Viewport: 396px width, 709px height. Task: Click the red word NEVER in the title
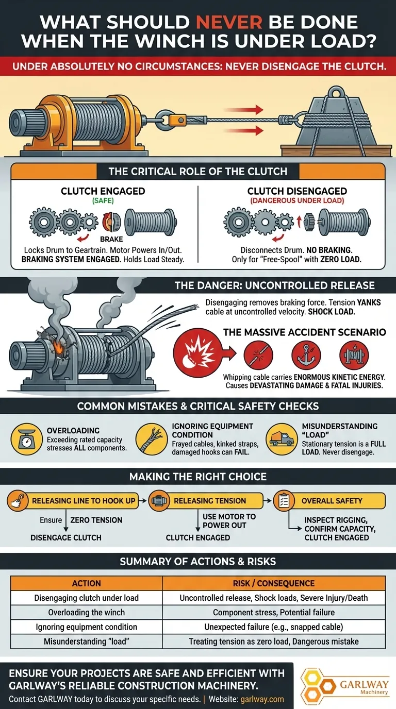[x=229, y=22]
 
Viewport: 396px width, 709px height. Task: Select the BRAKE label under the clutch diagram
[x=111, y=239]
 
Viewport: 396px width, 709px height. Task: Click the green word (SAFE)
[x=103, y=200]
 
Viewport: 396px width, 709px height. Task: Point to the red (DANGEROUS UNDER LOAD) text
[x=297, y=200]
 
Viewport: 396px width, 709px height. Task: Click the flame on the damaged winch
[x=58, y=346]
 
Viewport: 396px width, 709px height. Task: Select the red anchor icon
[x=306, y=355]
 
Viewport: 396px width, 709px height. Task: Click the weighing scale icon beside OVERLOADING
[x=27, y=439]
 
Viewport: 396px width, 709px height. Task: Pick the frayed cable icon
[x=152, y=439]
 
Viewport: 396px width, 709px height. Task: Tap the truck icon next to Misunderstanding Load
[x=282, y=439]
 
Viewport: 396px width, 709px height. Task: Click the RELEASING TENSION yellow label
[x=210, y=501]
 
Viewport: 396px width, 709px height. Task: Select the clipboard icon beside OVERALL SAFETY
[x=284, y=501]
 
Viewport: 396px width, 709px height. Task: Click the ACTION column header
[x=87, y=583]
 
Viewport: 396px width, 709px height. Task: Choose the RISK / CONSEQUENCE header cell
[x=274, y=583]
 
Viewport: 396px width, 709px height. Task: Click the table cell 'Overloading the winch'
[x=87, y=612]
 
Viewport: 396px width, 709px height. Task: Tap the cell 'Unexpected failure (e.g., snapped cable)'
[x=274, y=627]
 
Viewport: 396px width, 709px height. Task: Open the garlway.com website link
[x=262, y=699]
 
